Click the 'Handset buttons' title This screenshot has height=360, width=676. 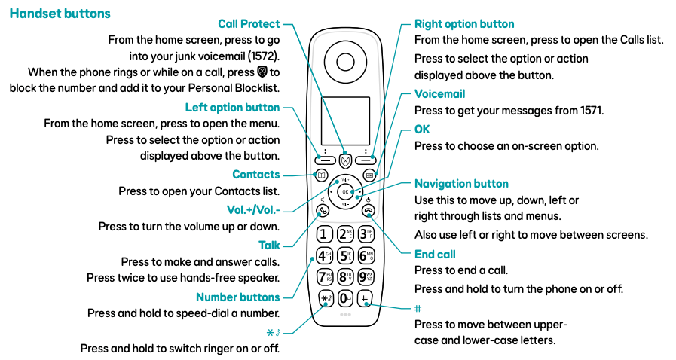60,14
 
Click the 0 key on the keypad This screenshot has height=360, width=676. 345,297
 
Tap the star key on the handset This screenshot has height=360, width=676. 325,297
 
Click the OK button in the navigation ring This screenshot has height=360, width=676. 345,192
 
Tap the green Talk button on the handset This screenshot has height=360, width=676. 323,211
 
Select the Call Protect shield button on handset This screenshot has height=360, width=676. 345,160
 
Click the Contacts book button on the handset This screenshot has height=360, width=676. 321,175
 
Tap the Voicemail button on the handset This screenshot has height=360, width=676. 369,175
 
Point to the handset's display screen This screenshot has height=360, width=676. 345,121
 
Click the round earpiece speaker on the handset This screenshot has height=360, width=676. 345,63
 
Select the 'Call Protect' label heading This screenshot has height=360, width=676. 249,24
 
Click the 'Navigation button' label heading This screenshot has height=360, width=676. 461,184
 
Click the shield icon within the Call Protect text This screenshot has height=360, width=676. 262,73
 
